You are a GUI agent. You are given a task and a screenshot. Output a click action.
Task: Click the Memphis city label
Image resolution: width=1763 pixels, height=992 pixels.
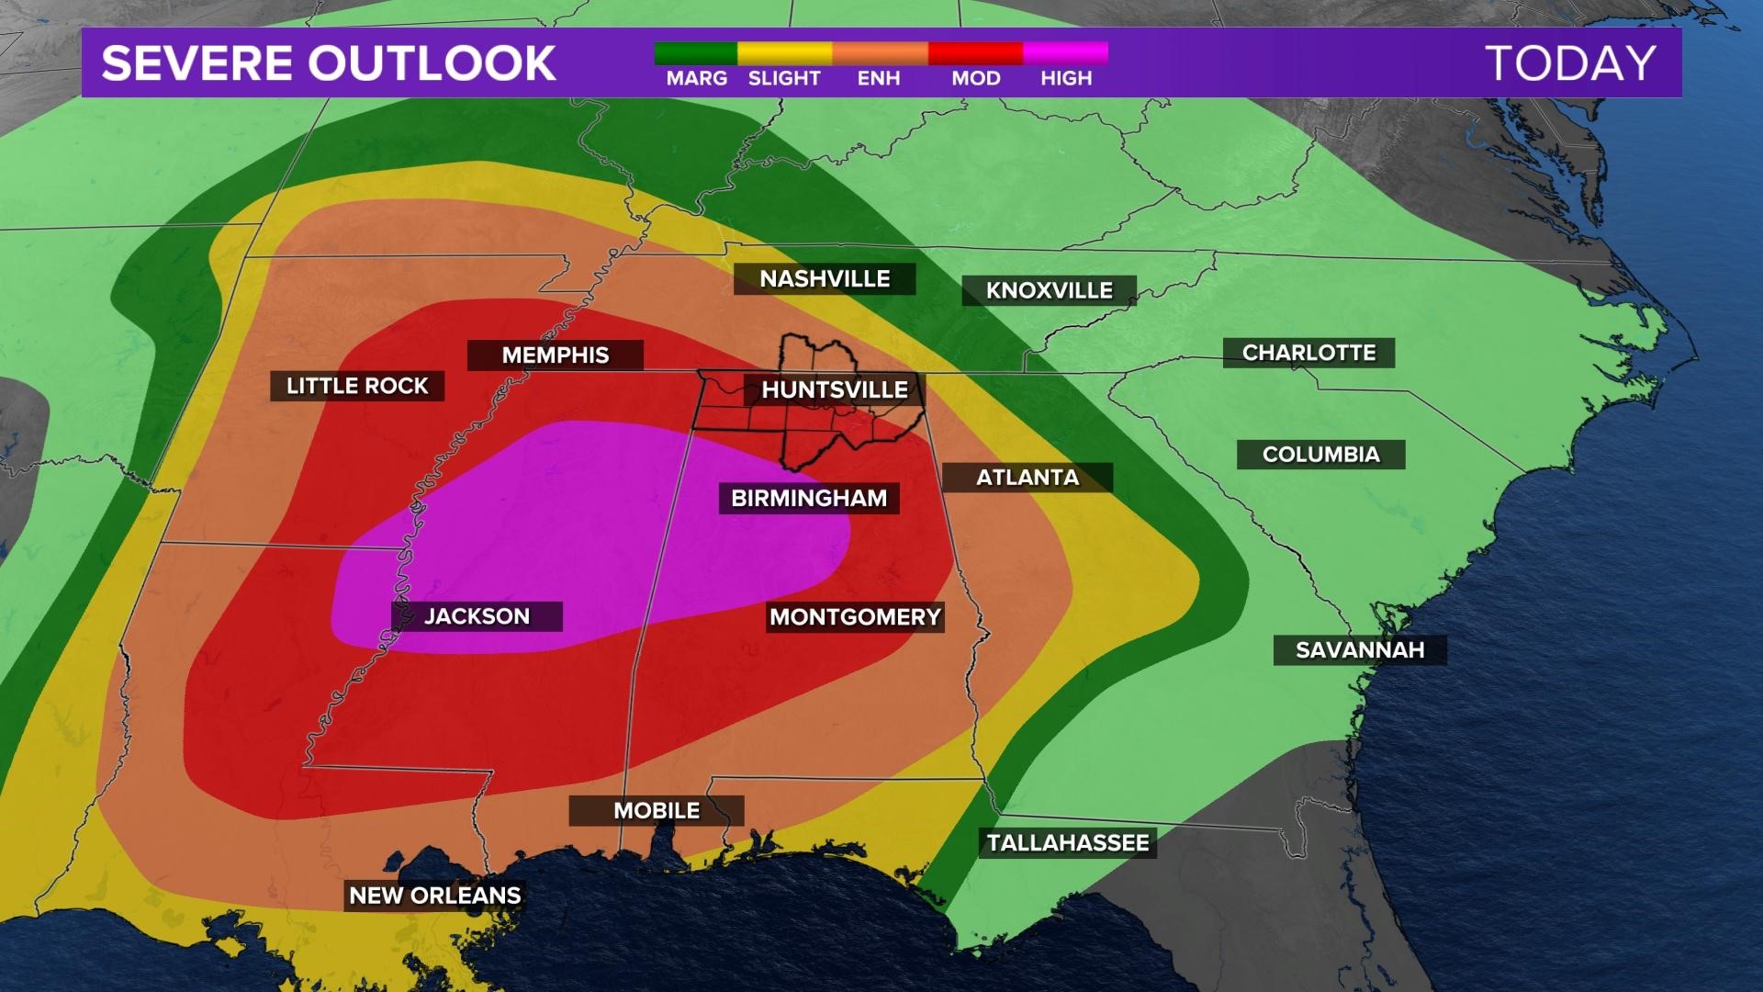tap(556, 355)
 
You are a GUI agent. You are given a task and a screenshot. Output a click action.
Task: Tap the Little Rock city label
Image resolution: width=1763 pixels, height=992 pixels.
tap(357, 386)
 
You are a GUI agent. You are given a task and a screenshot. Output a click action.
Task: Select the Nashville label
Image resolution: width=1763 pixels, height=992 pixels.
tap(825, 279)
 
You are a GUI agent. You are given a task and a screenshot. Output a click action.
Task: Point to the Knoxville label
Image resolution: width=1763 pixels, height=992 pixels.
tap(1049, 291)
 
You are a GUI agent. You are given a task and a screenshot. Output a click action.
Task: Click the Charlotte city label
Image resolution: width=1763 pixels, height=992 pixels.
tap(1308, 353)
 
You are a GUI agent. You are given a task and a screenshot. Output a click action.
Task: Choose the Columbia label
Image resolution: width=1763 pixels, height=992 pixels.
tap(1320, 455)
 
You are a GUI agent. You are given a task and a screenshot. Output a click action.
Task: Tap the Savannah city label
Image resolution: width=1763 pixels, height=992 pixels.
tap(1360, 650)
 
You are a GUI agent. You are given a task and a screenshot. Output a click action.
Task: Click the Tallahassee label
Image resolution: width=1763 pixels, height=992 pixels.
tap(1068, 843)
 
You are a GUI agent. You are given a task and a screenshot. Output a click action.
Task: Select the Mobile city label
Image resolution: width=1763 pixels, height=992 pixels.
tap(657, 811)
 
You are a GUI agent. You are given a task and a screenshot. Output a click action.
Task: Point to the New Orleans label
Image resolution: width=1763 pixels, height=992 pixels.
tap(435, 896)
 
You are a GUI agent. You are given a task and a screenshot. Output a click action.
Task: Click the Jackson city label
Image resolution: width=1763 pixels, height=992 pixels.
tap(477, 616)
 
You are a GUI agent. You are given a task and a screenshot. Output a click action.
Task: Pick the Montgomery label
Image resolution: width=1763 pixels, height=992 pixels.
tap(855, 617)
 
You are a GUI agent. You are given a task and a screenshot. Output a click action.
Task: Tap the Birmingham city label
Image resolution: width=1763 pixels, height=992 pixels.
tap(809, 499)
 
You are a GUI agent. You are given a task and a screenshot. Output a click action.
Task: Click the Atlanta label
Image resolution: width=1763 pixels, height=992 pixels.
tap(1027, 478)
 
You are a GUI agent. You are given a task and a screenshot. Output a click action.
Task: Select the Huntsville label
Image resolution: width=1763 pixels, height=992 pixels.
tap(834, 390)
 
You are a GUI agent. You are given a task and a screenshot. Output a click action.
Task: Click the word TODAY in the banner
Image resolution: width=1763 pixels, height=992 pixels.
tap(1570, 63)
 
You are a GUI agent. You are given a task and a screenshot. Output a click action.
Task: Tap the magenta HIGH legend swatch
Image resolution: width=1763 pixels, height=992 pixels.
tap(1065, 53)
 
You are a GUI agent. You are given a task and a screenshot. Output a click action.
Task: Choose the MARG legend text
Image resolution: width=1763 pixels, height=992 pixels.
tap(697, 79)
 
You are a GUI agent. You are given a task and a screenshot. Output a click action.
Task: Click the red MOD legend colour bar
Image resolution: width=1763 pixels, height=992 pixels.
tap(975, 53)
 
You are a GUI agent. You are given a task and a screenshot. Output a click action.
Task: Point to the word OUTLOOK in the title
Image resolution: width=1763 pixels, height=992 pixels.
tap(432, 63)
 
